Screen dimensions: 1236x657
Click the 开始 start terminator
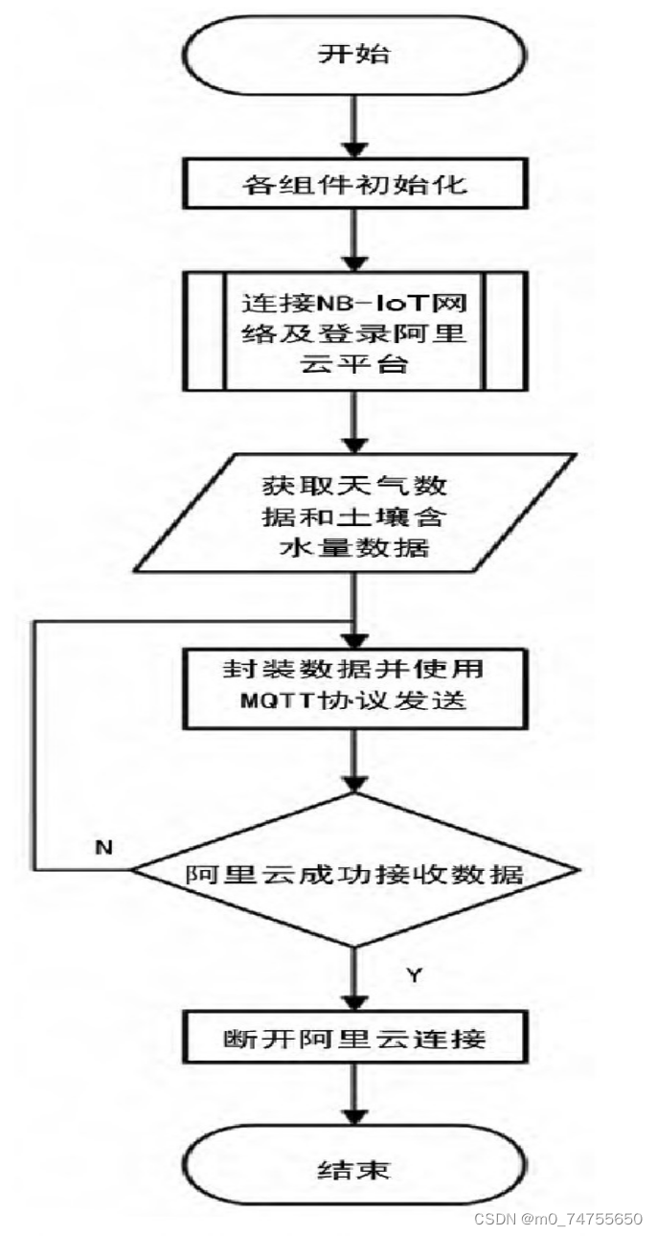click(354, 54)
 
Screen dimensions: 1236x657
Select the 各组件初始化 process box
click(354, 182)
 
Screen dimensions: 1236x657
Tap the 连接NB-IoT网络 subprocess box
click(354, 330)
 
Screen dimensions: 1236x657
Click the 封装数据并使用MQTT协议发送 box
click(354, 684)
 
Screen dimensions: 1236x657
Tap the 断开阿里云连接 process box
click(354, 1038)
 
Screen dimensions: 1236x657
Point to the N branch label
click(103, 847)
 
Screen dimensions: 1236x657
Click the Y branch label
click(414, 975)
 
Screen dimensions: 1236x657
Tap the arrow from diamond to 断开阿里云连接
click(355, 977)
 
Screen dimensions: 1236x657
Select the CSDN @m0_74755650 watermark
click(558, 1219)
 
